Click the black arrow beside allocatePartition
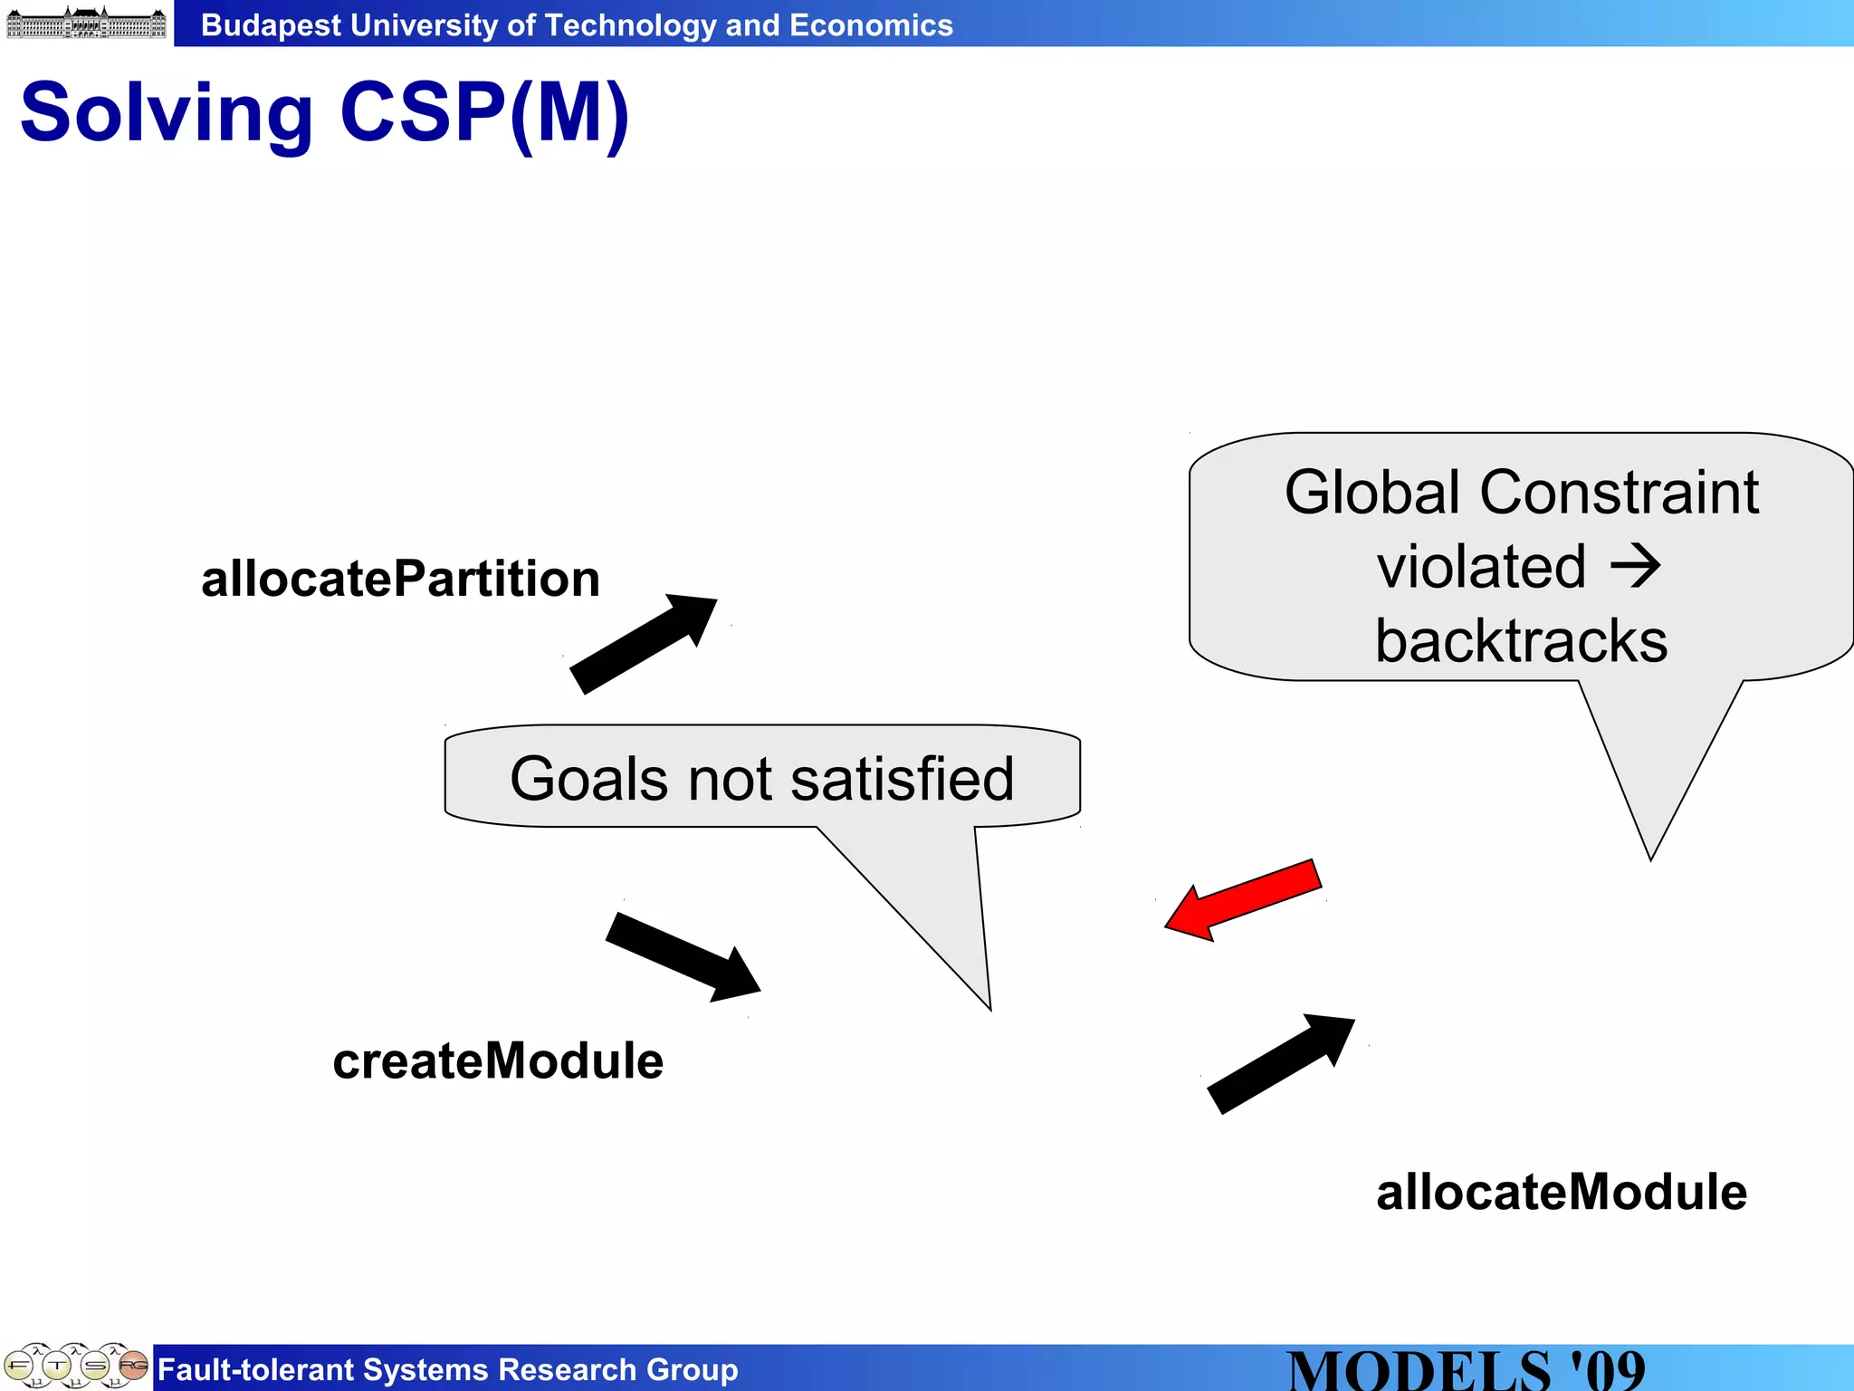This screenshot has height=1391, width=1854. (643, 644)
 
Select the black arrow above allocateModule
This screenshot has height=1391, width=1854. (1281, 1065)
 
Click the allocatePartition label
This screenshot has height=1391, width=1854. (400, 579)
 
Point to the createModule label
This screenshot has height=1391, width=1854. (498, 1060)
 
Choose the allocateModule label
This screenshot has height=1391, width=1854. (1561, 1192)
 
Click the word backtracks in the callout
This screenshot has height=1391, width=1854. (1521, 641)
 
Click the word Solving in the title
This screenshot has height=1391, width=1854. (167, 113)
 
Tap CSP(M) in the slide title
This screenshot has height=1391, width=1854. (484, 113)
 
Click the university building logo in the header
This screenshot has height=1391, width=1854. (86, 23)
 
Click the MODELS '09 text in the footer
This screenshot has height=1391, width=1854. (1466, 1369)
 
